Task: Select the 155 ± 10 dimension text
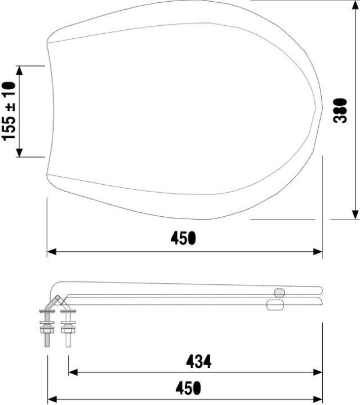9,112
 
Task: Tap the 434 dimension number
198,362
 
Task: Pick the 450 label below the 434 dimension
186,388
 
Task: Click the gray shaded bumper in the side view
279,293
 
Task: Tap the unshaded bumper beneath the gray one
275,305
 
